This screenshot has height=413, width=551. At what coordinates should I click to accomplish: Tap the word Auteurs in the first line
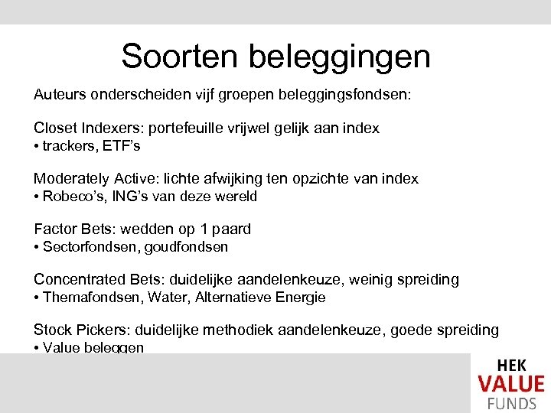coord(59,96)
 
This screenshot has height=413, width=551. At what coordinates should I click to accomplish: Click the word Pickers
coord(99,330)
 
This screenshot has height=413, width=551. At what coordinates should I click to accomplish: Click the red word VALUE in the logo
coord(511,384)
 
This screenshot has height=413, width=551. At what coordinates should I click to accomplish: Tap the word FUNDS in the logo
coord(511,404)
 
